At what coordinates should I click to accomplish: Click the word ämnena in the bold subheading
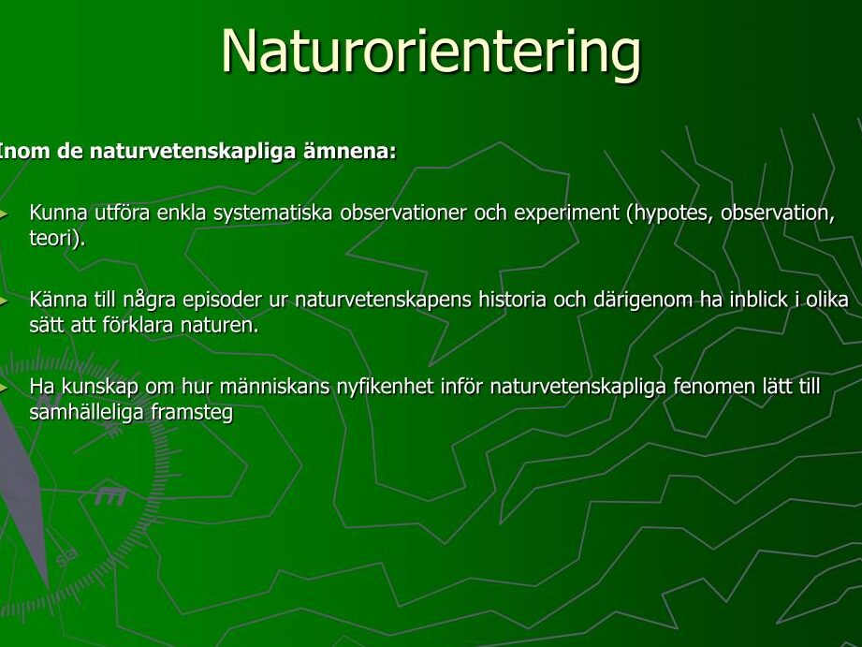point(350,151)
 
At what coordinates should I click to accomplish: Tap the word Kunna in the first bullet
point(58,213)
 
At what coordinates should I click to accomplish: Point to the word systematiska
point(272,213)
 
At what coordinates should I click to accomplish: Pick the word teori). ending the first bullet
point(58,238)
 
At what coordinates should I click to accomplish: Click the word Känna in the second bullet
point(58,300)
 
